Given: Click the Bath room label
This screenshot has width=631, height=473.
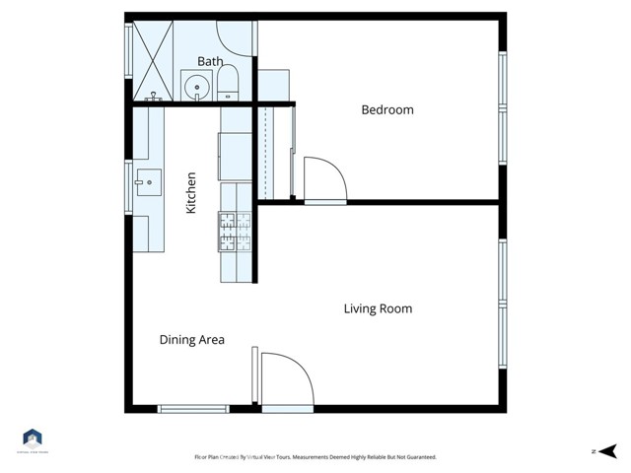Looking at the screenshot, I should click(x=210, y=61).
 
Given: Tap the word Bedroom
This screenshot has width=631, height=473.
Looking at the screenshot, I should click(x=387, y=110).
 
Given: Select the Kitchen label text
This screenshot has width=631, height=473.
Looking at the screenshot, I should click(x=191, y=193).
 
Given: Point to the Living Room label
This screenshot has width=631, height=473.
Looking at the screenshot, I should click(x=378, y=308).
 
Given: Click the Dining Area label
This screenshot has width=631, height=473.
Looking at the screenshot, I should click(x=192, y=340).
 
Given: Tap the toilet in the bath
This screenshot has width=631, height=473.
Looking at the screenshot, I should click(x=229, y=83).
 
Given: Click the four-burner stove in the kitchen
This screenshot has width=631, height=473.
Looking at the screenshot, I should click(x=235, y=232).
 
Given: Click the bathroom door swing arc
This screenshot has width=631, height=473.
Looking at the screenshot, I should click(x=235, y=37).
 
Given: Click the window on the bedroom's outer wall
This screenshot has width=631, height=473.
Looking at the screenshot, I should click(x=502, y=107).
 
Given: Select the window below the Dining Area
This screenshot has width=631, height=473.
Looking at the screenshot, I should click(x=193, y=407).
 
